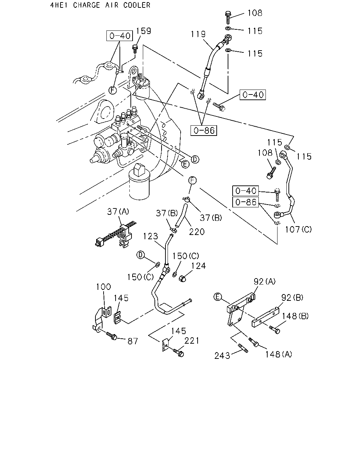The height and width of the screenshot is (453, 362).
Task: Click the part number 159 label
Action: [144, 31]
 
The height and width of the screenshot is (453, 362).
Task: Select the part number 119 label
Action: [198, 34]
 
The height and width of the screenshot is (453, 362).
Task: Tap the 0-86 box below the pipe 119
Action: [204, 131]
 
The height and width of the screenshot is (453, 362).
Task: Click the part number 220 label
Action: [197, 232]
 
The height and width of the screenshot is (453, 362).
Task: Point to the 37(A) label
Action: [118, 212]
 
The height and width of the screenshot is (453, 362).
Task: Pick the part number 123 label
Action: [150, 236]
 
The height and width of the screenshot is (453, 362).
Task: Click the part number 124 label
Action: [198, 266]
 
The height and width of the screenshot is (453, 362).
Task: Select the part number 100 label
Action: [103, 287]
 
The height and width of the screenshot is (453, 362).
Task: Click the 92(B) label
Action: [292, 298]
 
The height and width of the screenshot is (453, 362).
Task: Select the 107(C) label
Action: [298, 229]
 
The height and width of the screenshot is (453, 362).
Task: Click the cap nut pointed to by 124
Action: [182, 279]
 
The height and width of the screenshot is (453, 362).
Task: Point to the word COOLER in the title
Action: [137, 5]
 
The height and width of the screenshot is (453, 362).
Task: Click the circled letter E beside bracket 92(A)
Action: [217, 297]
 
